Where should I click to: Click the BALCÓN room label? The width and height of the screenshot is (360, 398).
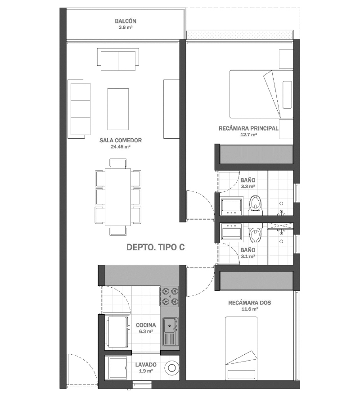coord(126,21)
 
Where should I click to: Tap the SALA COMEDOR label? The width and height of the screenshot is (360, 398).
coord(121,140)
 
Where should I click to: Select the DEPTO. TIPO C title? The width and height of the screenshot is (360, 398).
coord(156,247)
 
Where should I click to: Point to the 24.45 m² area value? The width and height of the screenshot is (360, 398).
coord(121,147)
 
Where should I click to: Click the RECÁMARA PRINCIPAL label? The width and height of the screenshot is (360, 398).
coord(248,128)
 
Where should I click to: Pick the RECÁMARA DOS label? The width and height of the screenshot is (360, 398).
coord(250,303)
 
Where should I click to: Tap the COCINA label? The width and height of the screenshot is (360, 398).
coord(146,325)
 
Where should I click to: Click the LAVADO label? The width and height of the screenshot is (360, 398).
coord(146,365)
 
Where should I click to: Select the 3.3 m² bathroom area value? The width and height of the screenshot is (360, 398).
coord(248,186)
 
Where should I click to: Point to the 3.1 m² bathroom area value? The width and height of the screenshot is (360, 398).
coord(248,256)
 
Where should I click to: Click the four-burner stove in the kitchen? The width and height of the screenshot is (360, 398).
coord(170,296)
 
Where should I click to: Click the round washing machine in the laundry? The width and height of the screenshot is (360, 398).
coord(172,367)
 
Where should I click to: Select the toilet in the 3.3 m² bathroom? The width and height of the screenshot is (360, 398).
coord(255,205)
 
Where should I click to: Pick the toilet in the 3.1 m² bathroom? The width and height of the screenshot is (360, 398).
coord(255,234)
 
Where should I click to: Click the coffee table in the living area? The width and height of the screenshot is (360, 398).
coord(118,109)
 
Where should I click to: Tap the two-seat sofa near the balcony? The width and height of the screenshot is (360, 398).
coord(118,59)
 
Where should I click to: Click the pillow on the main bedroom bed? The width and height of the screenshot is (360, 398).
coord(287,95)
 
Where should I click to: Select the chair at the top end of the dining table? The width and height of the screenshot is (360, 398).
coord(118,163)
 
